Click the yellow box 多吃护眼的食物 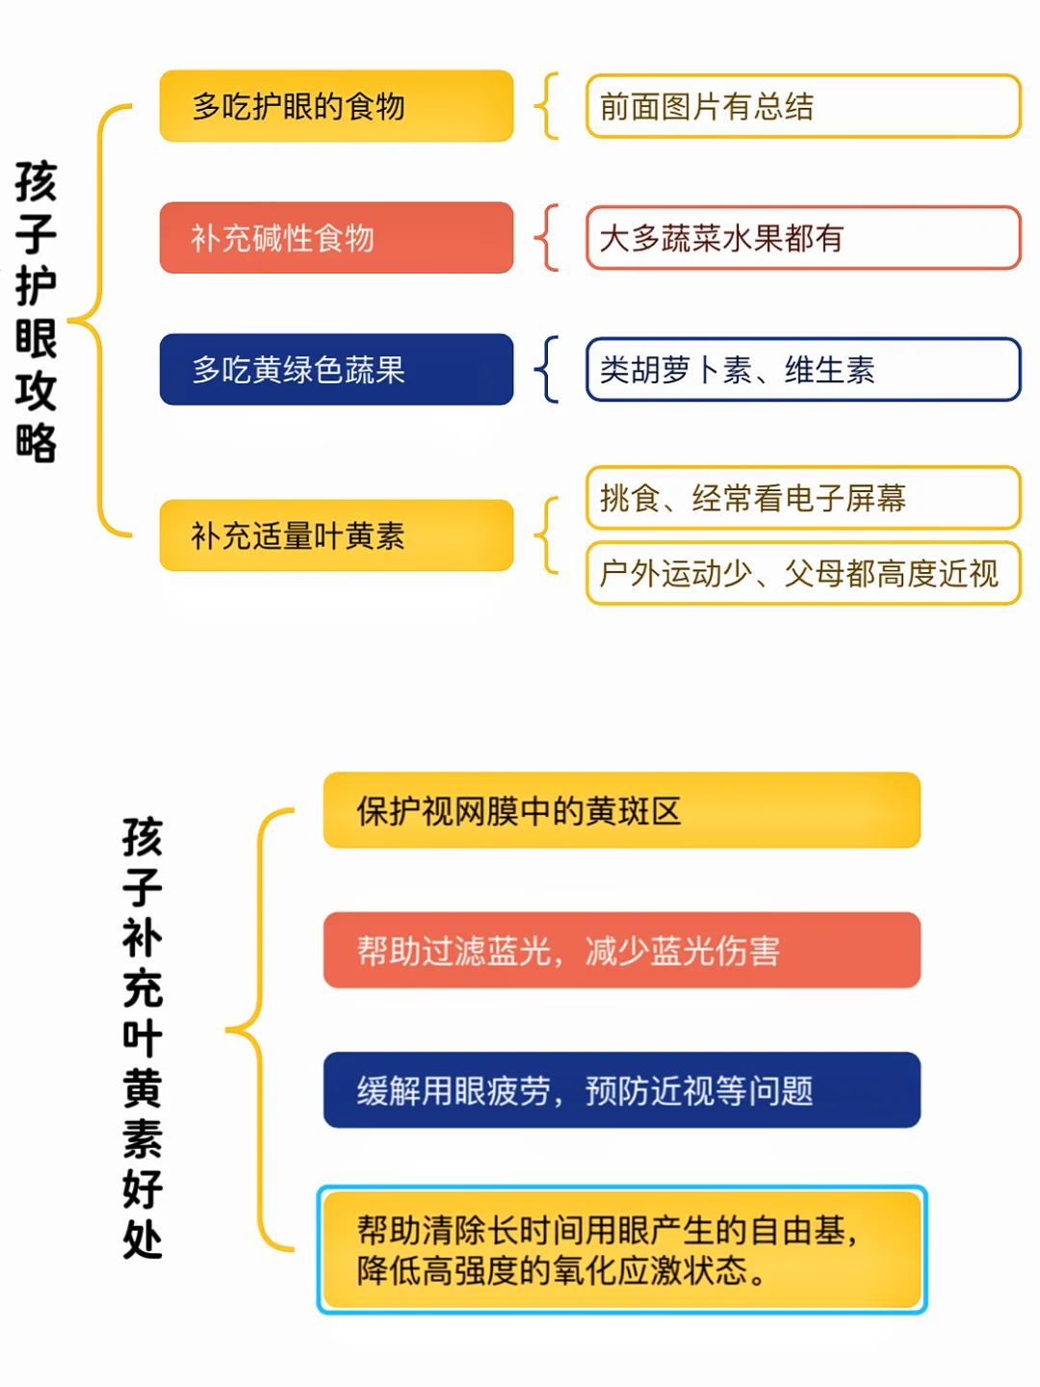point(336,106)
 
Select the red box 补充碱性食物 point(336,238)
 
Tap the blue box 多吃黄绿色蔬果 point(336,369)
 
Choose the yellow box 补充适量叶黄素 point(336,536)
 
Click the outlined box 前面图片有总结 point(803,106)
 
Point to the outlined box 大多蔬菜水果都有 point(803,238)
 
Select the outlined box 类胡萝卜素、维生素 point(803,369)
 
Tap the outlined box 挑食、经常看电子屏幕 point(803,497)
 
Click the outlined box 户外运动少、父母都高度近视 point(803,573)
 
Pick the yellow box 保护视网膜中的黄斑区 point(621,809)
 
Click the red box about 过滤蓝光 point(621,950)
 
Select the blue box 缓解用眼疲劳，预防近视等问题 point(621,1090)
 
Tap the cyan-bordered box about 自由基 point(621,1249)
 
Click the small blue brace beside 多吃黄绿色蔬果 point(547,369)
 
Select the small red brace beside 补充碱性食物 point(547,238)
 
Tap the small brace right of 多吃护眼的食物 point(547,106)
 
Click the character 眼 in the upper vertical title point(36,338)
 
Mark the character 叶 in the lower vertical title point(143,1037)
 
